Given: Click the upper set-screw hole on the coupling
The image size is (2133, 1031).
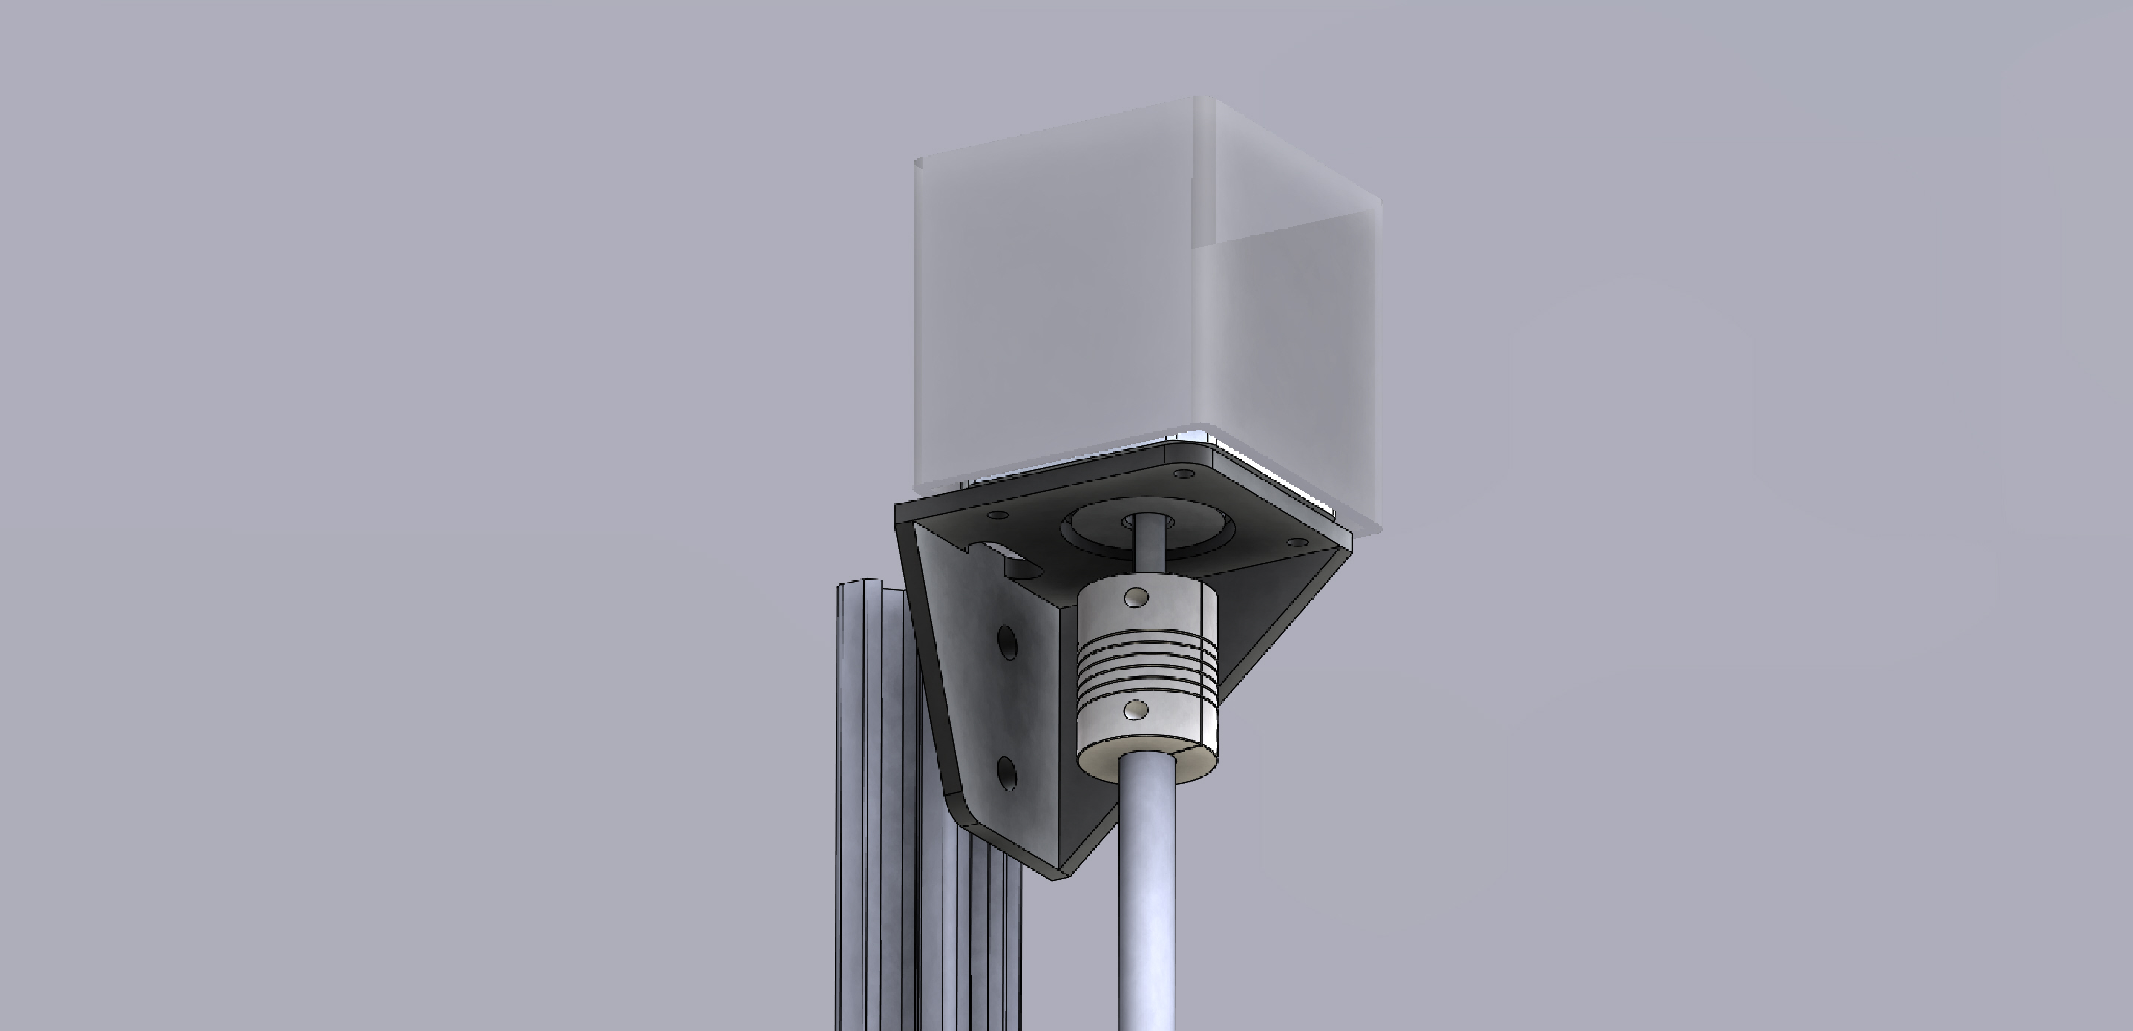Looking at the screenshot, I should pyautogui.click(x=1138, y=596).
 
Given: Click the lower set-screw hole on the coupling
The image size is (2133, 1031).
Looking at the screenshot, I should pyautogui.click(x=1138, y=709).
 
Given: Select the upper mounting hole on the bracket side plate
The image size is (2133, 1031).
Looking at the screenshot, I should pyautogui.click(x=1007, y=643).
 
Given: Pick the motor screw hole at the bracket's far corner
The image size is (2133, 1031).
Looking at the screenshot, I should pyautogui.click(x=1182, y=474).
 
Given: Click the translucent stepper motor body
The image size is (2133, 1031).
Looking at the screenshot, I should pyautogui.click(x=1068, y=315).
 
